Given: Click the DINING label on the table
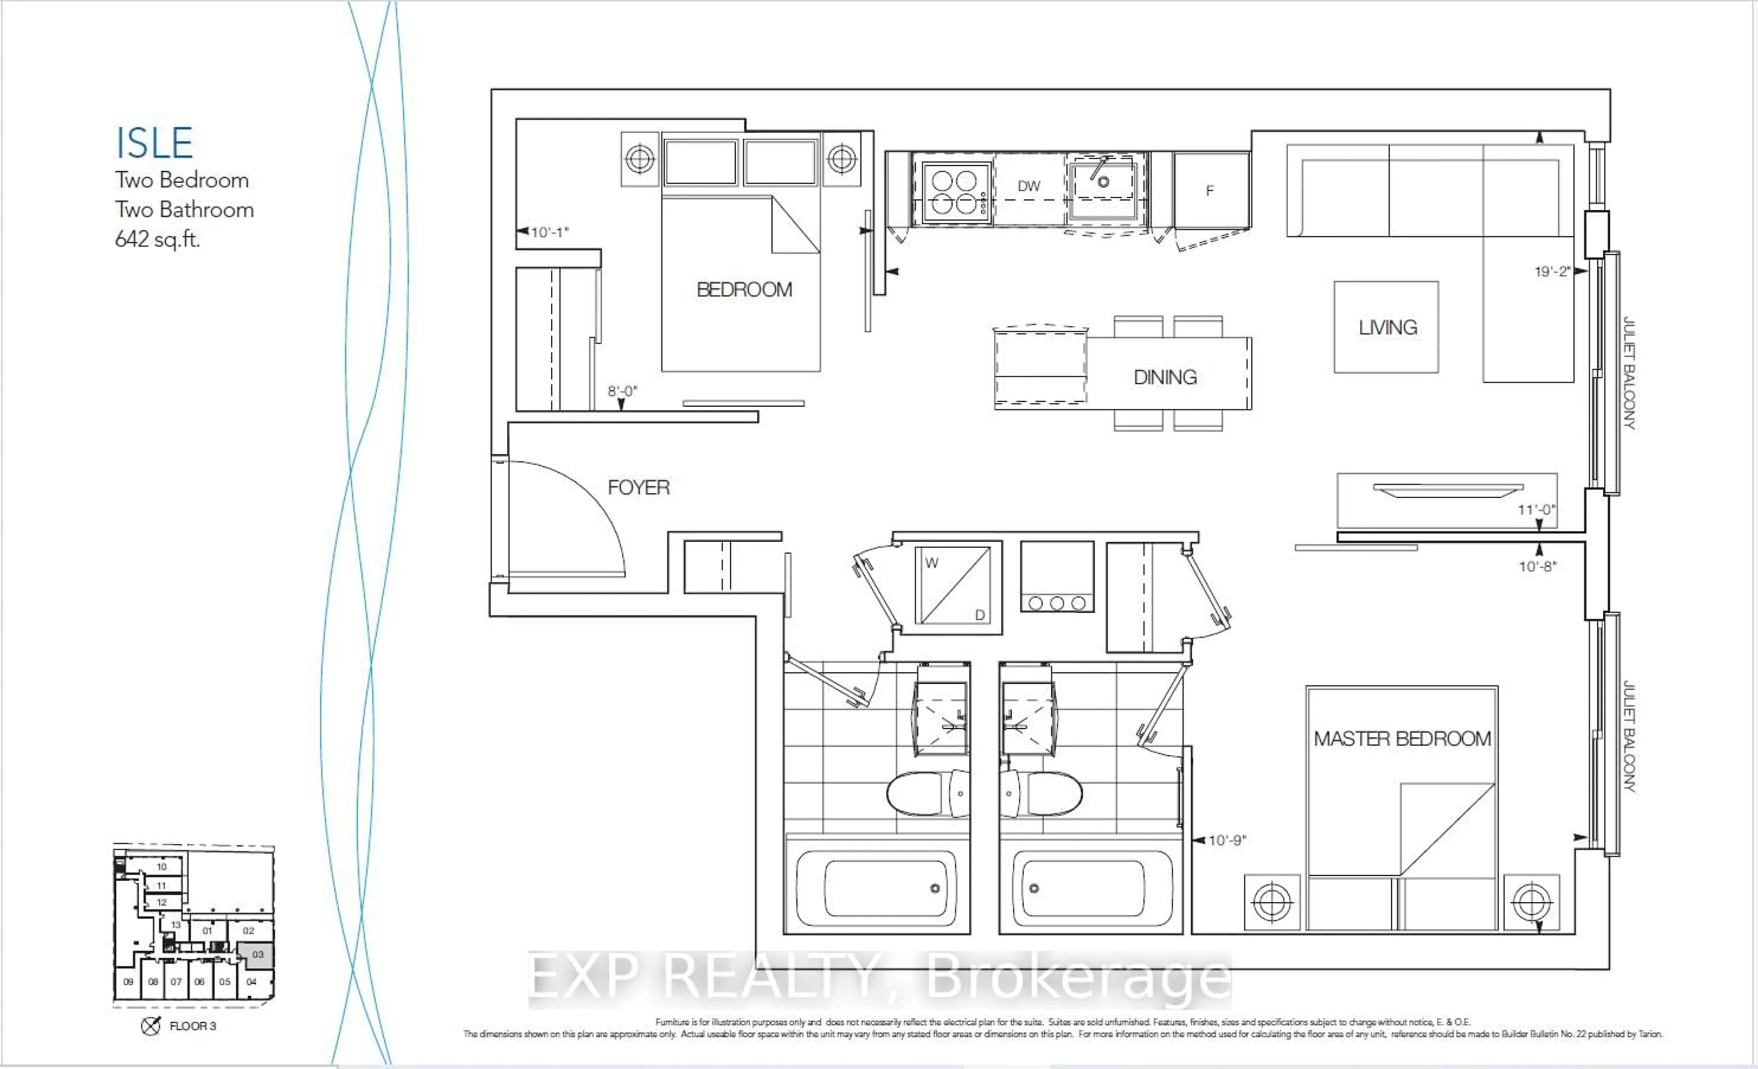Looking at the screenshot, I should (x=1165, y=377).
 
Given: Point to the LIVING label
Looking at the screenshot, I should (x=1387, y=327).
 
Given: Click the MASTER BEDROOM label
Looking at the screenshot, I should (x=1402, y=739).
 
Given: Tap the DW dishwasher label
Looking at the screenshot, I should (x=1028, y=186).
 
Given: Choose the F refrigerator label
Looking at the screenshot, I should (x=1210, y=191).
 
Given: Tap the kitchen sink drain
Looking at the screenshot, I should (x=1103, y=182).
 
